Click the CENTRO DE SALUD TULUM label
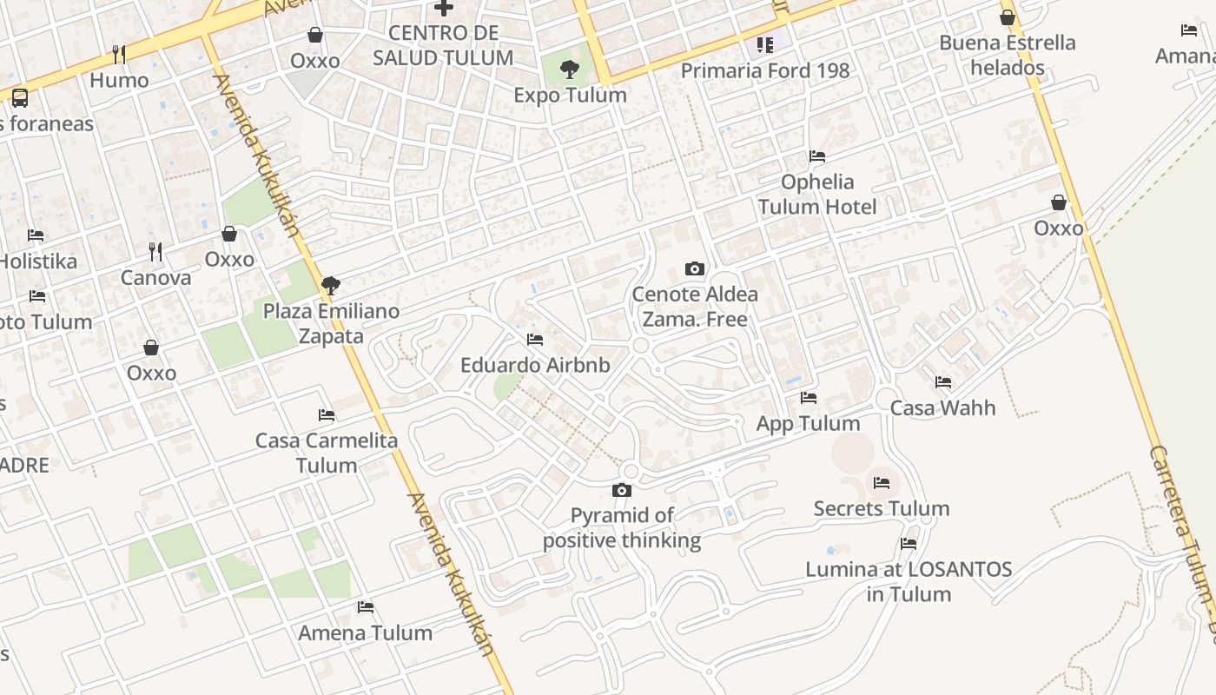point(443,46)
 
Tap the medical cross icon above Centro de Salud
point(444,8)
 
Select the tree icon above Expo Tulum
point(570,69)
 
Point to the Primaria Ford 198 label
point(765,70)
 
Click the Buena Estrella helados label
point(1008,55)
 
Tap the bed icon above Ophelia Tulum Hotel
point(817,156)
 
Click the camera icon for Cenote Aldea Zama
point(694,268)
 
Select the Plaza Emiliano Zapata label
point(332,323)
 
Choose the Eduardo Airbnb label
point(535,365)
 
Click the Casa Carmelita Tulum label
point(327,453)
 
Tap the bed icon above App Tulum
point(809,398)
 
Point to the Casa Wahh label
point(943,407)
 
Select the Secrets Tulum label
point(882,508)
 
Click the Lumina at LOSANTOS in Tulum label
point(909,582)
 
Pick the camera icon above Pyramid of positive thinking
point(621,490)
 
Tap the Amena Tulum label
point(366,632)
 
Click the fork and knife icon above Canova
point(155,252)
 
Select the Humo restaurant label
point(120,81)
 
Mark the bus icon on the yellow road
point(19,97)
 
